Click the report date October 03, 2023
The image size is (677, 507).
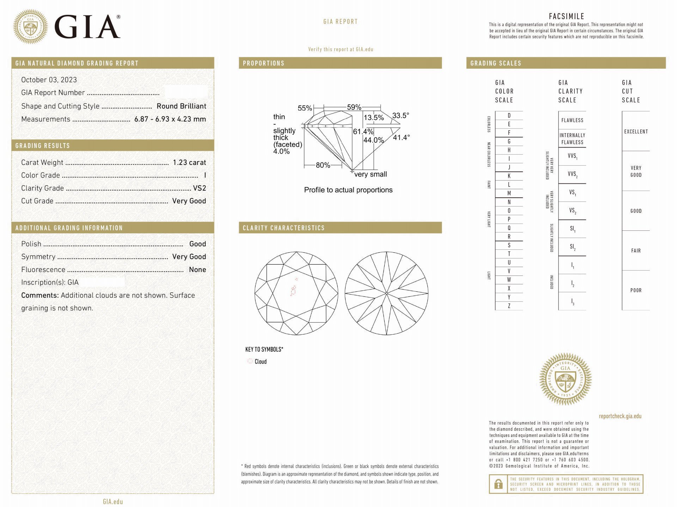click(x=49, y=80)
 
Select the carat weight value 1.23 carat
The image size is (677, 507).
click(x=189, y=162)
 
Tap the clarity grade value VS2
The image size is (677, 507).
click(x=200, y=188)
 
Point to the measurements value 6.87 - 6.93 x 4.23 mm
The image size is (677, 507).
click(x=170, y=119)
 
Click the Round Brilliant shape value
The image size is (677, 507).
click(x=182, y=106)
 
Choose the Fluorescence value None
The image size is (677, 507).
click(x=197, y=270)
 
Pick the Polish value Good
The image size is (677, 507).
click(x=198, y=244)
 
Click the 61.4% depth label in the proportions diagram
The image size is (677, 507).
click(x=363, y=131)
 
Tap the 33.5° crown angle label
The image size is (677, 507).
click(x=401, y=116)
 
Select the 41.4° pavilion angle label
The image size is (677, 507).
click(x=401, y=137)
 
